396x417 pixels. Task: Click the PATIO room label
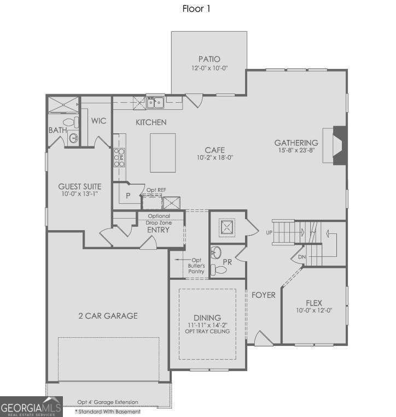(x=209, y=59)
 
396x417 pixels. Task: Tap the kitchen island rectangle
(x=163, y=152)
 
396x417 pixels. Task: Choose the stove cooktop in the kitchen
(x=119, y=158)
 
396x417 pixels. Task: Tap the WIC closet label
(x=99, y=121)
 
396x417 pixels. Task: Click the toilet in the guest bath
(x=69, y=122)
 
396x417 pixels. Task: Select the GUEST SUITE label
(x=80, y=186)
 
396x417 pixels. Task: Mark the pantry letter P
(x=127, y=195)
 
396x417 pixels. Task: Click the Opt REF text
(x=156, y=190)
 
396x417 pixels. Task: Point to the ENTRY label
(x=159, y=230)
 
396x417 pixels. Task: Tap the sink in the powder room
(x=217, y=252)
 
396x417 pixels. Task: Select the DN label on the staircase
(x=301, y=256)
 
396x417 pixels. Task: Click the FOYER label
(x=263, y=295)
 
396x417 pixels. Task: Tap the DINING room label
(x=207, y=318)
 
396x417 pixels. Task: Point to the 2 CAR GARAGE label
(x=107, y=315)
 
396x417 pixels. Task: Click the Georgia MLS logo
(x=31, y=407)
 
